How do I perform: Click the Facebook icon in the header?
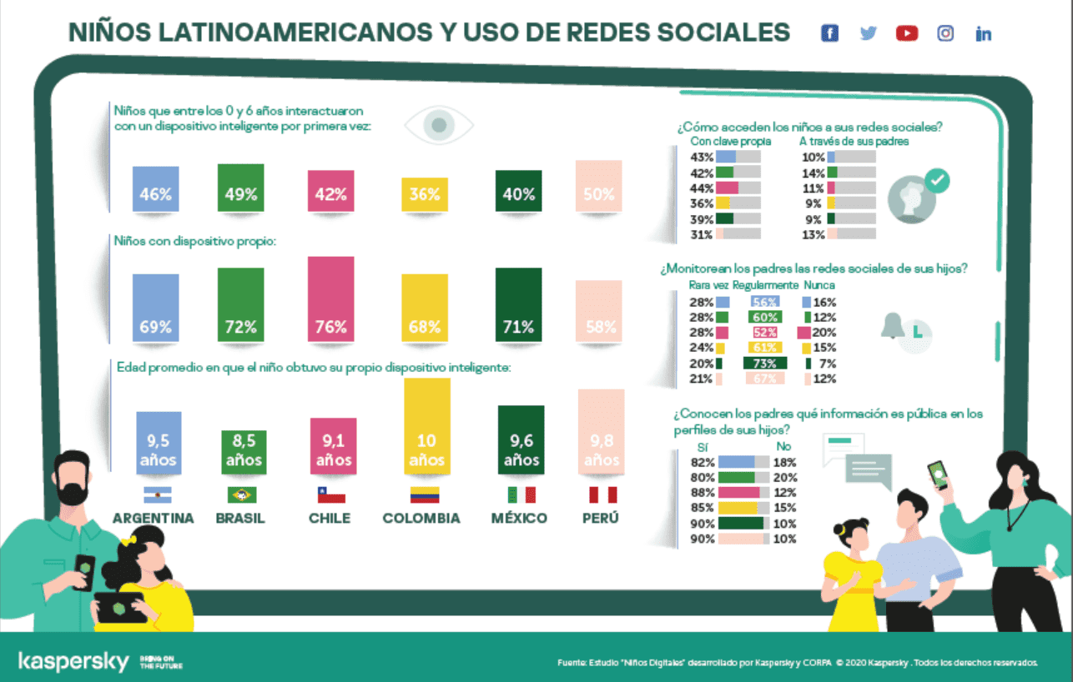coord(829,33)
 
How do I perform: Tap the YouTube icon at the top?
coord(907,33)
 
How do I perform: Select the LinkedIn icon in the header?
coord(984,34)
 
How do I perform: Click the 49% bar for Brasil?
coord(240,187)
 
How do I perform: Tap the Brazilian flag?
coord(240,494)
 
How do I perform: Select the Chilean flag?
coord(330,494)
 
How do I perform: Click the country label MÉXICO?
coord(519,518)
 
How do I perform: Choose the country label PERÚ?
coord(601,518)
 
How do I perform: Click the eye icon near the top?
coord(439,126)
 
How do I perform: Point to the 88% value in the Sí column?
coord(703,492)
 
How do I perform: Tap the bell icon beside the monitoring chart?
coord(893,326)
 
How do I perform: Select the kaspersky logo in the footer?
coord(73,662)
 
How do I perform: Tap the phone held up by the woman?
coord(939,475)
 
